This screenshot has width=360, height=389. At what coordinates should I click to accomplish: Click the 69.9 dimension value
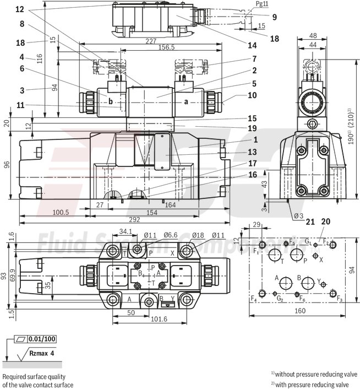13,275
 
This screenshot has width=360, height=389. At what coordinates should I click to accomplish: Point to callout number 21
310,221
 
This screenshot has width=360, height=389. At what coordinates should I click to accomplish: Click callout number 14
253,45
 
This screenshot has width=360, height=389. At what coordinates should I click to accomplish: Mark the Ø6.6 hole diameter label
171,236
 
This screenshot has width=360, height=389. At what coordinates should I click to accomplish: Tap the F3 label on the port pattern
340,300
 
